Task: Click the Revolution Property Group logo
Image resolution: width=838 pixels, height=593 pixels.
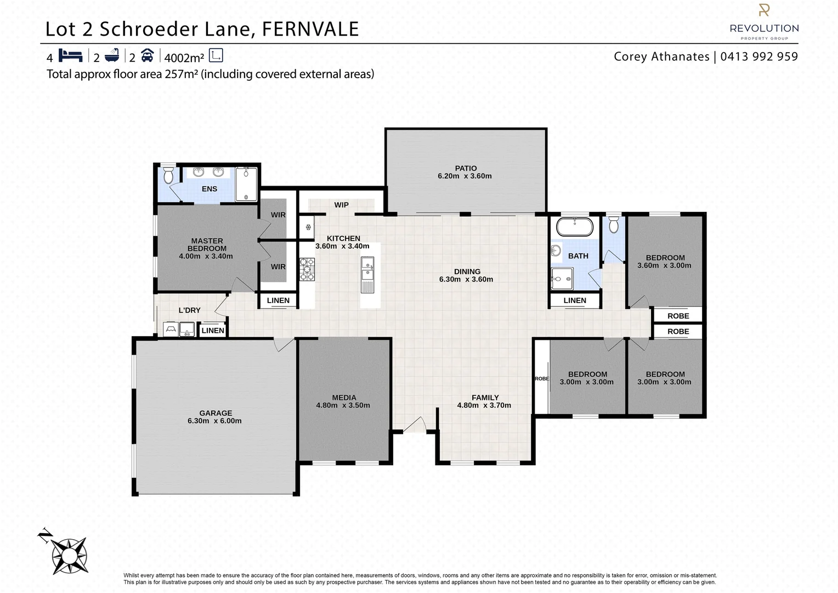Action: pos(764,22)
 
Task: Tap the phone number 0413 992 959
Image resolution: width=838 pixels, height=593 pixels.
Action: pos(759,57)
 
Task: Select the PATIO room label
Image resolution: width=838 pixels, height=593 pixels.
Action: pos(465,168)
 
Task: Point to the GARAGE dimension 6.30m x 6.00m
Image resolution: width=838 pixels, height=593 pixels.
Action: pos(214,421)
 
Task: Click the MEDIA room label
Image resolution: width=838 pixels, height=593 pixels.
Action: pos(344,398)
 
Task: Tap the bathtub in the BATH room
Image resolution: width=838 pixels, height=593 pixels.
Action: pos(575,227)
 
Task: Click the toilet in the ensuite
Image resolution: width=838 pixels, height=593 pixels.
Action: pos(168,175)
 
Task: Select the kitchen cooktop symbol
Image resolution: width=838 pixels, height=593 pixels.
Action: pos(307,270)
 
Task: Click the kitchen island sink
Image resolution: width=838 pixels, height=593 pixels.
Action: pos(367,269)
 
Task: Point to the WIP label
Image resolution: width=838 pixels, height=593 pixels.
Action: pos(341,205)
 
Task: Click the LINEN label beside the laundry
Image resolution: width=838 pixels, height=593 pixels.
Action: pos(213,330)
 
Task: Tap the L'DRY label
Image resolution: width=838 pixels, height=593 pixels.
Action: pos(190,310)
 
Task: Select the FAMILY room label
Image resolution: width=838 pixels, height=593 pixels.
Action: pos(485,398)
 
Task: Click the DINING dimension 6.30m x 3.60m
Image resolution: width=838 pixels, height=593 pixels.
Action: pos(466,279)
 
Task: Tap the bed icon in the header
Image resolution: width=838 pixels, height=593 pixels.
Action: pos(70,55)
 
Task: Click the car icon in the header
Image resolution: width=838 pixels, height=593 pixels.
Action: pos(147,55)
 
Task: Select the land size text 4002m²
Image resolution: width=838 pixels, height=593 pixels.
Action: pos(184,57)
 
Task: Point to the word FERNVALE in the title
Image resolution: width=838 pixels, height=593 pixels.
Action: pos(310,29)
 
